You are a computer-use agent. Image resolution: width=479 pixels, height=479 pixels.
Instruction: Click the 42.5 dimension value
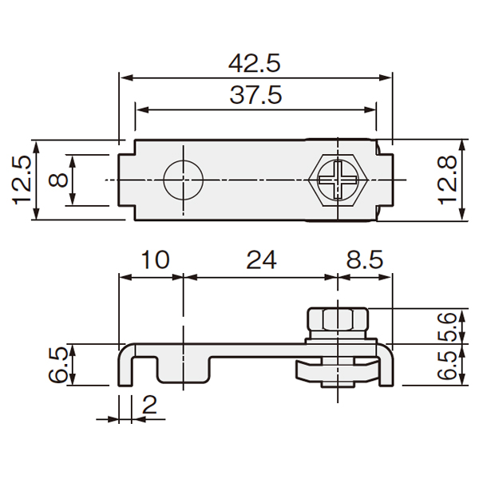(255, 64)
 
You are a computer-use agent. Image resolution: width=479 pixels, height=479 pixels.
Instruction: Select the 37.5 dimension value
(255, 95)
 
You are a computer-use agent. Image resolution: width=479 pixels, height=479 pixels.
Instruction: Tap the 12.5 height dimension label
(22, 180)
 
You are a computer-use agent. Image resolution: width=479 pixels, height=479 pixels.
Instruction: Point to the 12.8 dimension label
(447, 180)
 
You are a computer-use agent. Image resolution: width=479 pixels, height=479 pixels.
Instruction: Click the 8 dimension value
(58, 180)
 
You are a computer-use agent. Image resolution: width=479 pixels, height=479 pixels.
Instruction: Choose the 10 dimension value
(155, 260)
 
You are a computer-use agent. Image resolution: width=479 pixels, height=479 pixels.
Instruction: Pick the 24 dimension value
(262, 260)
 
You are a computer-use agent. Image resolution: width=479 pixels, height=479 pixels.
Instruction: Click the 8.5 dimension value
(365, 260)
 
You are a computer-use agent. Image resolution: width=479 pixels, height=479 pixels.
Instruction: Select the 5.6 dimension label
(447, 327)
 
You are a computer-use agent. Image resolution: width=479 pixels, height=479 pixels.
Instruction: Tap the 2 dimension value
(149, 405)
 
